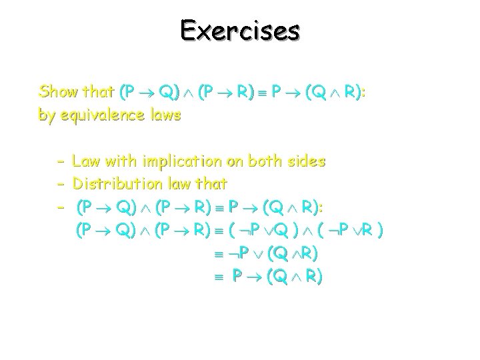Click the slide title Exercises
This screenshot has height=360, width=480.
coord(240,31)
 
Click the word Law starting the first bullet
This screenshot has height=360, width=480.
coord(85,161)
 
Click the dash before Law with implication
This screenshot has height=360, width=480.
coord(60,161)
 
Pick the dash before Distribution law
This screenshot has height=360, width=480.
coord(60,183)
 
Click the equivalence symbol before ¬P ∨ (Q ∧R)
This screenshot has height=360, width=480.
coord(216,254)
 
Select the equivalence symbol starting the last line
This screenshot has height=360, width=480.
coord(216,277)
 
